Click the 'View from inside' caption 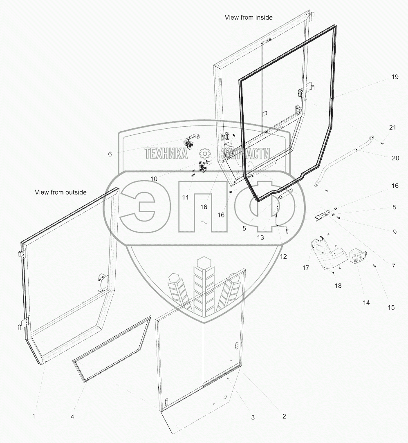pos(248,18)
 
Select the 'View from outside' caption pos(61,192)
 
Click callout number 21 pos(392,128)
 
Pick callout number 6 pos(110,154)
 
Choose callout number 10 pos(154,179)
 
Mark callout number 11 pos(185,197)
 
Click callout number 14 pos(365,302)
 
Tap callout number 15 pos(391,307)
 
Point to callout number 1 pos(34,416)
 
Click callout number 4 pos(72,417)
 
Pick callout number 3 pos(253,417)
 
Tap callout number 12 pos(283,256)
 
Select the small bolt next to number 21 pos(381,143)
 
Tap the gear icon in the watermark pos(204,154)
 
